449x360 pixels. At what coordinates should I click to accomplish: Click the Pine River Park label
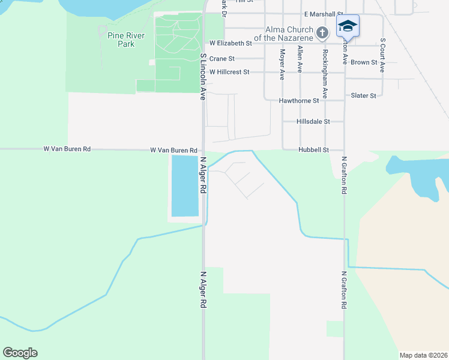click(x=125, y=40)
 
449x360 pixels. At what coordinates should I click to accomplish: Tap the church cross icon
click(x=322, y=32)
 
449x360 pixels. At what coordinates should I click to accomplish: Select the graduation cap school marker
click(x=348, y=26)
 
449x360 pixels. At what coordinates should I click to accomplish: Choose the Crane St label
click(x=222, y=59)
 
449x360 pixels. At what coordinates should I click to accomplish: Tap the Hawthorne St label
click(x=303, y=101)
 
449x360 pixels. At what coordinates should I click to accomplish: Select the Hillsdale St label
click(x=313, y=121)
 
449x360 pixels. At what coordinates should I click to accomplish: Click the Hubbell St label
click(x=313, y=150)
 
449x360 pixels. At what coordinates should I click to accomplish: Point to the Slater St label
click(x=363, y=95)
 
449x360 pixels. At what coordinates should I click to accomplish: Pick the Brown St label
click(x=364, y=62)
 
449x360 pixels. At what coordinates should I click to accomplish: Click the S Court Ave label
click(x=382, y=56)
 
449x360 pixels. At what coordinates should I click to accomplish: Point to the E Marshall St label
click(x=323, y=14)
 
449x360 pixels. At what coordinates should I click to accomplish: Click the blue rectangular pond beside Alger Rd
click(x=184, y=185)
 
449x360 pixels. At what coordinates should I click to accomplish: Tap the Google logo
click(x=20, y=353)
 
